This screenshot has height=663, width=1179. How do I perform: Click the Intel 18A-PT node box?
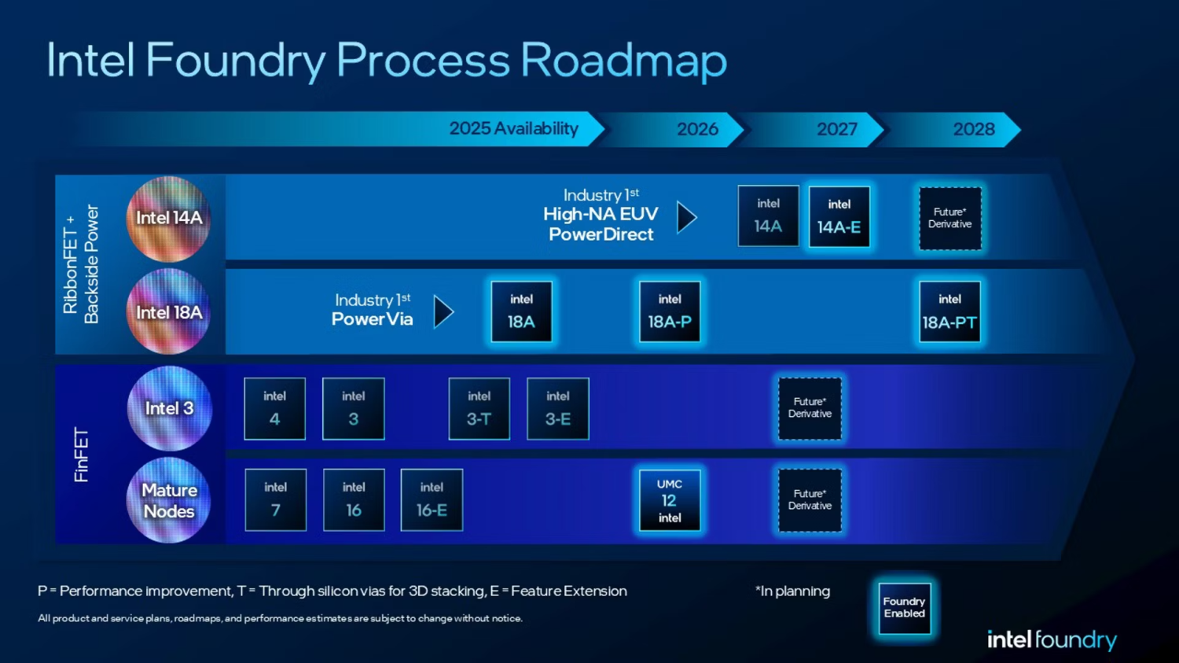(x=949, y=311)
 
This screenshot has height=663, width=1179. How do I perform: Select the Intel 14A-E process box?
(x=839, y=216)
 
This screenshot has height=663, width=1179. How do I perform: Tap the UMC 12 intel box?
(x=669, y=500)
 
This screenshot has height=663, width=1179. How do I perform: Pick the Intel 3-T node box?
(x=479, y=408)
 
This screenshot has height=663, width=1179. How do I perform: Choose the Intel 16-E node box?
(x=432, y=500)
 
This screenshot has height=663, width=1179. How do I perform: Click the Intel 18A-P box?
(x=669, y=311)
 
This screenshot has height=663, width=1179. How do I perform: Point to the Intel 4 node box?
(x=274, y=408)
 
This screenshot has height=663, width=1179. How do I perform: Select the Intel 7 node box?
(x=275, y=500)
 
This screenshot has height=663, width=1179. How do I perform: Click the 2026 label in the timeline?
(x=697, y=129)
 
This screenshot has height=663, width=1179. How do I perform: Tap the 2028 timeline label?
(x=973, y=129)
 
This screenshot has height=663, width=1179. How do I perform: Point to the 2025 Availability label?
(x=513, y=129)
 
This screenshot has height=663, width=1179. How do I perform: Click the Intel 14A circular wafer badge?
(x=168, y=219)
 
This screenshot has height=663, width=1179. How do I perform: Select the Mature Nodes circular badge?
(x=168, y=500)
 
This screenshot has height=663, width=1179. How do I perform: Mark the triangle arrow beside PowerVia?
(x=444, y=312)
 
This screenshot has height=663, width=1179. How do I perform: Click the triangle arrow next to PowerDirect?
(x=686, y=218)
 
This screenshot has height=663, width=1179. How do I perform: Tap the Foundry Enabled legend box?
(x=904, y=608)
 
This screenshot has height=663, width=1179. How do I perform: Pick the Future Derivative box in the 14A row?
(x=949, y=218)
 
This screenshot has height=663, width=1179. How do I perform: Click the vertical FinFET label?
(x=81, y=455)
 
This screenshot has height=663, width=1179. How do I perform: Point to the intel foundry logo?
(x=1051, y=640)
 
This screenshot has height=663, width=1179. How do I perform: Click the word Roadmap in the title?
(x=623, y=61)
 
